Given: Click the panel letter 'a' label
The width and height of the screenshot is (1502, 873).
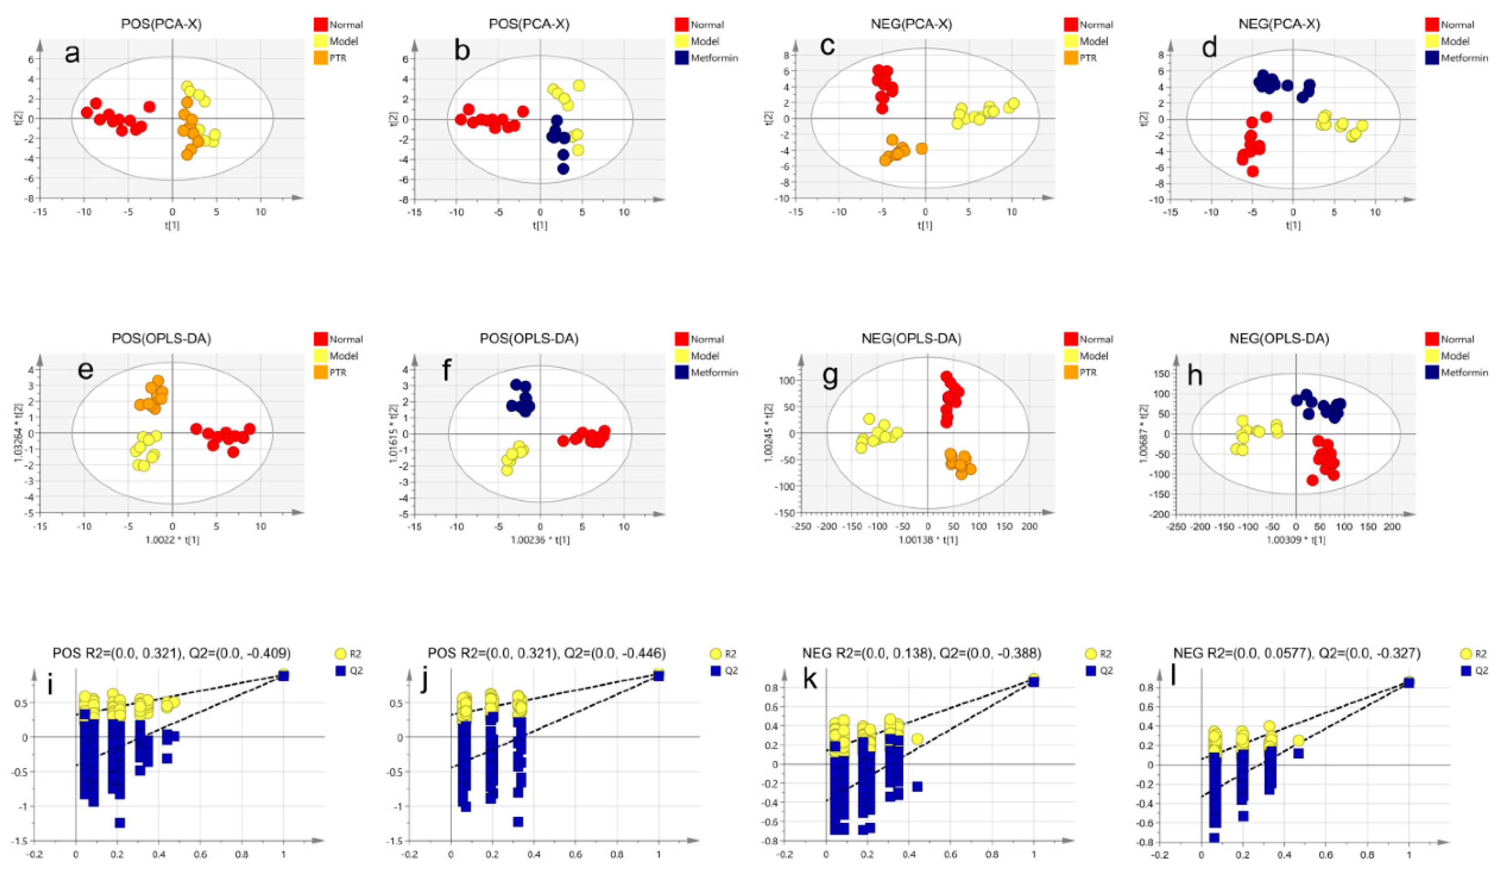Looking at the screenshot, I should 72,54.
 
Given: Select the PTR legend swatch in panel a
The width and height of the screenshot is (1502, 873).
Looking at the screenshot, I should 321,58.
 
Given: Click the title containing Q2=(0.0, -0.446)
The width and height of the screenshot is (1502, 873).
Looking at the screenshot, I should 546,654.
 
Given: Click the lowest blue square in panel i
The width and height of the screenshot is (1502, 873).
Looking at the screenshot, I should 120,823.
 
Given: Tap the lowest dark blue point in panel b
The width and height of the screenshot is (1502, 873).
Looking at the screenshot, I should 563,169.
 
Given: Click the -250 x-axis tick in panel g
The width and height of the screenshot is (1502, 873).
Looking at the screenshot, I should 800,527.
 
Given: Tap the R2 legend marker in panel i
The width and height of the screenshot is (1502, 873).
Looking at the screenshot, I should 341,654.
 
